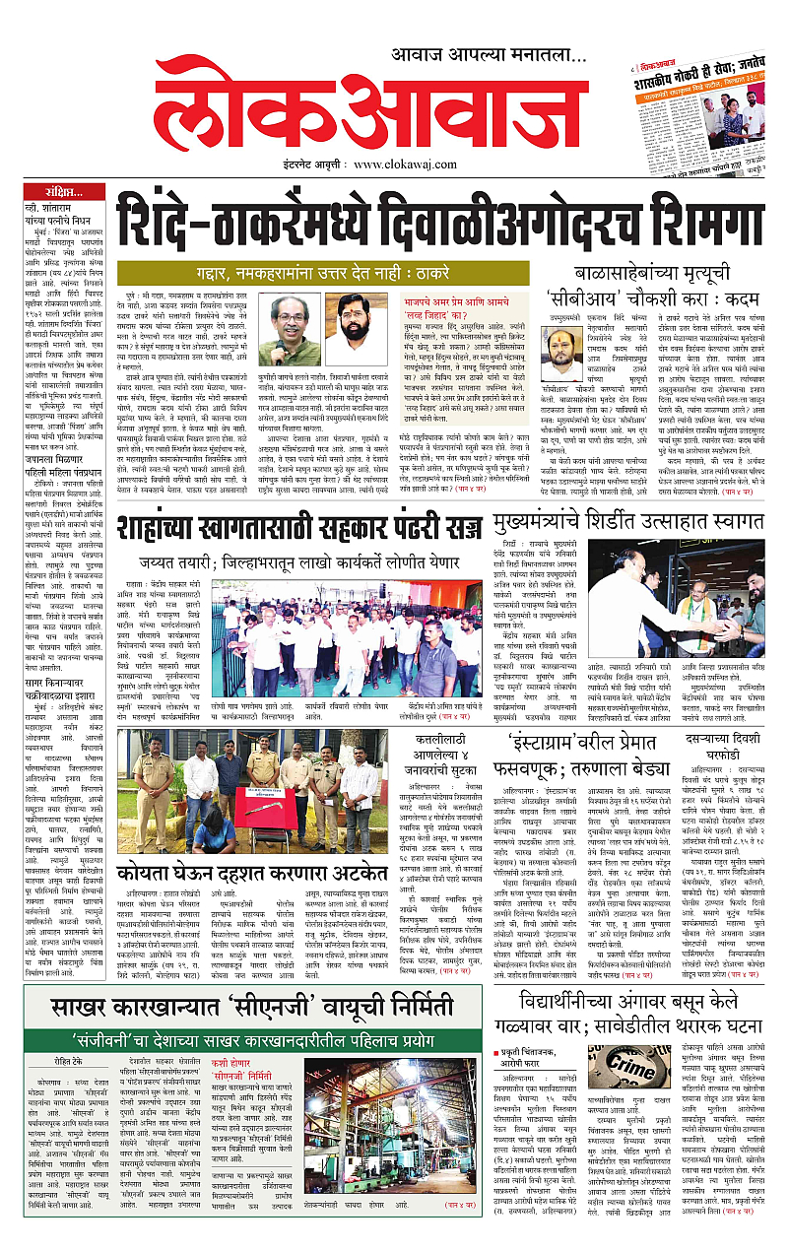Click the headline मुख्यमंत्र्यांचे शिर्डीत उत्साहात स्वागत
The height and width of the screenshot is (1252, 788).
(x=649, y=518)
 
